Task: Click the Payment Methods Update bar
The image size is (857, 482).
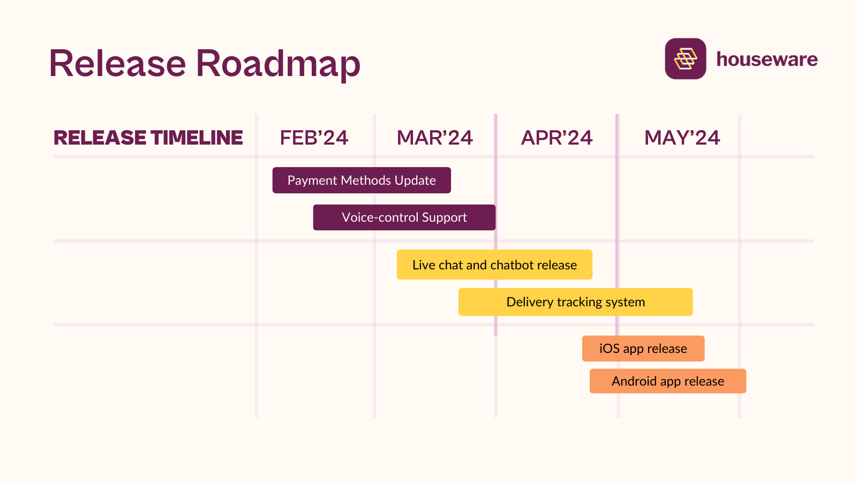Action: coord(362,180)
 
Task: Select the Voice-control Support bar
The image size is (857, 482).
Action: coord(404,217)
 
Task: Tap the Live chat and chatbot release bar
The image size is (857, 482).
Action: coord(494,265)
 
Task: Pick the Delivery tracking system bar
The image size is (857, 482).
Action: coord(575,302)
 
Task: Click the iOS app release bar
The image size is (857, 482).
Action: coord(643,349)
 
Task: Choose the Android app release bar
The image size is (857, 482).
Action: coord(667,381)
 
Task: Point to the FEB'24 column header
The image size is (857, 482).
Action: coord(314,138)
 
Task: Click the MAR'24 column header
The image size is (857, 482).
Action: coord(434,138)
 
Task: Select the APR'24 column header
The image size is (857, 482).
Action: coord(557,138)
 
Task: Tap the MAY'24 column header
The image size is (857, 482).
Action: coord(682,138)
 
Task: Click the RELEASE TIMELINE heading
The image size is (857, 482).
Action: coord(148,138)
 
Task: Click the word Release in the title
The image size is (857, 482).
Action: coord(117,63)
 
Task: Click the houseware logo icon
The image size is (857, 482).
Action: coord(685,59)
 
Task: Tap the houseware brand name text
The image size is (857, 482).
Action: coord(767,59)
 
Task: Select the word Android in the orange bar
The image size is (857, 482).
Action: coord(634,381)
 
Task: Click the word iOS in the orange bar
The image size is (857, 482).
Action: coord(610,349)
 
